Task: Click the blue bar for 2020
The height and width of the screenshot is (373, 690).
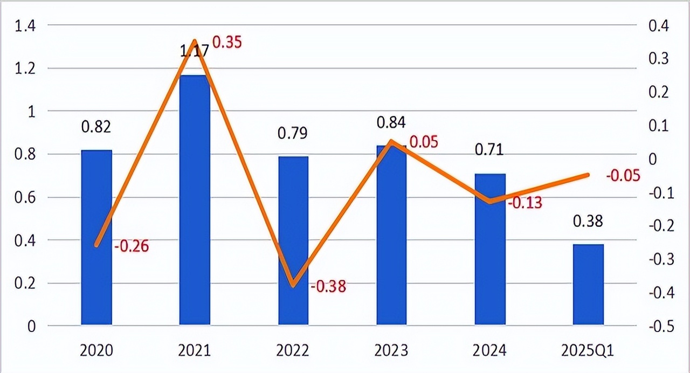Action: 96,237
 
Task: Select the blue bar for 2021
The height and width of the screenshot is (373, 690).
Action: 195,199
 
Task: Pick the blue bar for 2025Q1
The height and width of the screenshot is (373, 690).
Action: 588,285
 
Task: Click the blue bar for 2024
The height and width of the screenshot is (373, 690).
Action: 490,249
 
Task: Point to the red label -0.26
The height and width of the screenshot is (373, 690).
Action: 131,246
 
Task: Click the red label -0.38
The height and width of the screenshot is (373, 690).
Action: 328,286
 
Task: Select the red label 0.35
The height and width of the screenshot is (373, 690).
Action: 227,42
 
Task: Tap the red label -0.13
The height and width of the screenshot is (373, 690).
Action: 525,203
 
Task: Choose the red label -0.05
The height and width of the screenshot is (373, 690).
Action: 623,176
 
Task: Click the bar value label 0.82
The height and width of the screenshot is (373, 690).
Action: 96,127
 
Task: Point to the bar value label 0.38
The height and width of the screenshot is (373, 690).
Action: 588,222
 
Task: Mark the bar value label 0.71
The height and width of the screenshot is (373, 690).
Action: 489,149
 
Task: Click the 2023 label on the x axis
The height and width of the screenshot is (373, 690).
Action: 391,351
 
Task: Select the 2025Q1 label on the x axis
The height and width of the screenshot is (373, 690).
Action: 588,351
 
